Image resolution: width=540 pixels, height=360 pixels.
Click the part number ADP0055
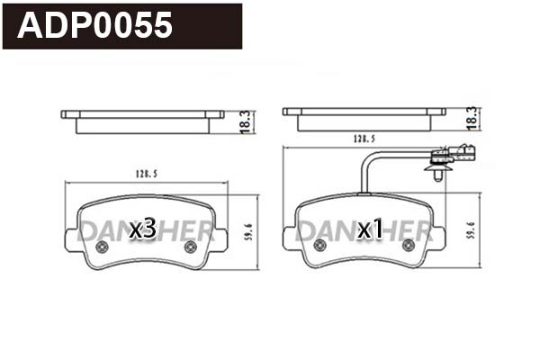click(x=94, y=26)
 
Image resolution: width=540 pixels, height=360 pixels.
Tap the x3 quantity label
click(x=143, y=229)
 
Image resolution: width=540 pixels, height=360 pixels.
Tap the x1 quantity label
click(x=371, y=230)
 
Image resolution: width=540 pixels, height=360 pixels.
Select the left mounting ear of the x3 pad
click(x=72, y=238)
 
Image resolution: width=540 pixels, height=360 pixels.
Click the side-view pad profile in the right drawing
click(x=364, y=118)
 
